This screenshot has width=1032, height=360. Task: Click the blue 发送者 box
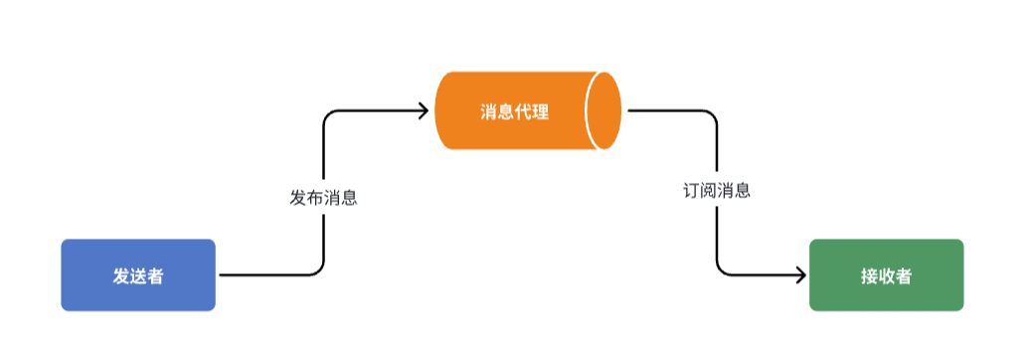pyautogui.click(x=138, y=275)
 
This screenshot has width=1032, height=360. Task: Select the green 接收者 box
pyautogui.click(x=886, y=275)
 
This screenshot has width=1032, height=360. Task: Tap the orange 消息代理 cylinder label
pyautogui.click(x=514, y=111)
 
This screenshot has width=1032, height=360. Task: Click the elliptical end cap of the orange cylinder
pyautogui.click(x=603, y=110)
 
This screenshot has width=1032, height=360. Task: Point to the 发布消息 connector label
pyautogui.click(x=323, y=197)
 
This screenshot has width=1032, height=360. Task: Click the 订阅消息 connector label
pyautogui.click(x=716, y=190)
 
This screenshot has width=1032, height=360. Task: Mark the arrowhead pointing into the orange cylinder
pyautogui.click(x=424, y=110)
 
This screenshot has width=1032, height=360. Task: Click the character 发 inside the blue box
pyautogui.click(x=121, y=276)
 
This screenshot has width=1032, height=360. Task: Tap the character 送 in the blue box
pyautogui.click(x=138, y=276)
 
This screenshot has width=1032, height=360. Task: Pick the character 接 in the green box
pyautogui.click(x=869, y=276)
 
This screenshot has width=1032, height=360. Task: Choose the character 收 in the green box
pyautogui.click(x=886, y=276)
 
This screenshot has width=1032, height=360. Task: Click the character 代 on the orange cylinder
pyautogui.click(x=523, y=111)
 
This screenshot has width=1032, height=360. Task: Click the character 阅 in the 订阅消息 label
pyautogui.click(x=708, y=190)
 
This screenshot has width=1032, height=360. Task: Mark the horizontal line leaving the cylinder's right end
pyautogui.click(x=666, y=110)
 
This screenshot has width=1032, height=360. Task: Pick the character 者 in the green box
pyautogui.click(x=903, y=276)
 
